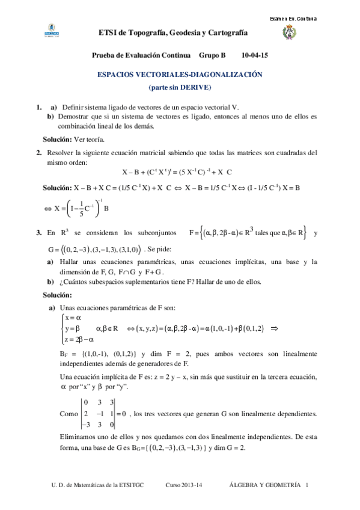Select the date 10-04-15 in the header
tap(254, 54)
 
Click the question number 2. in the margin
tap(38, 152)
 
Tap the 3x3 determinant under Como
tap(100, 414)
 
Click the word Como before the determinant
tap(69, 414)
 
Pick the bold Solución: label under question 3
tap(57, 295)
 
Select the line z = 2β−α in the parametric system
tap(76, 339)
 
